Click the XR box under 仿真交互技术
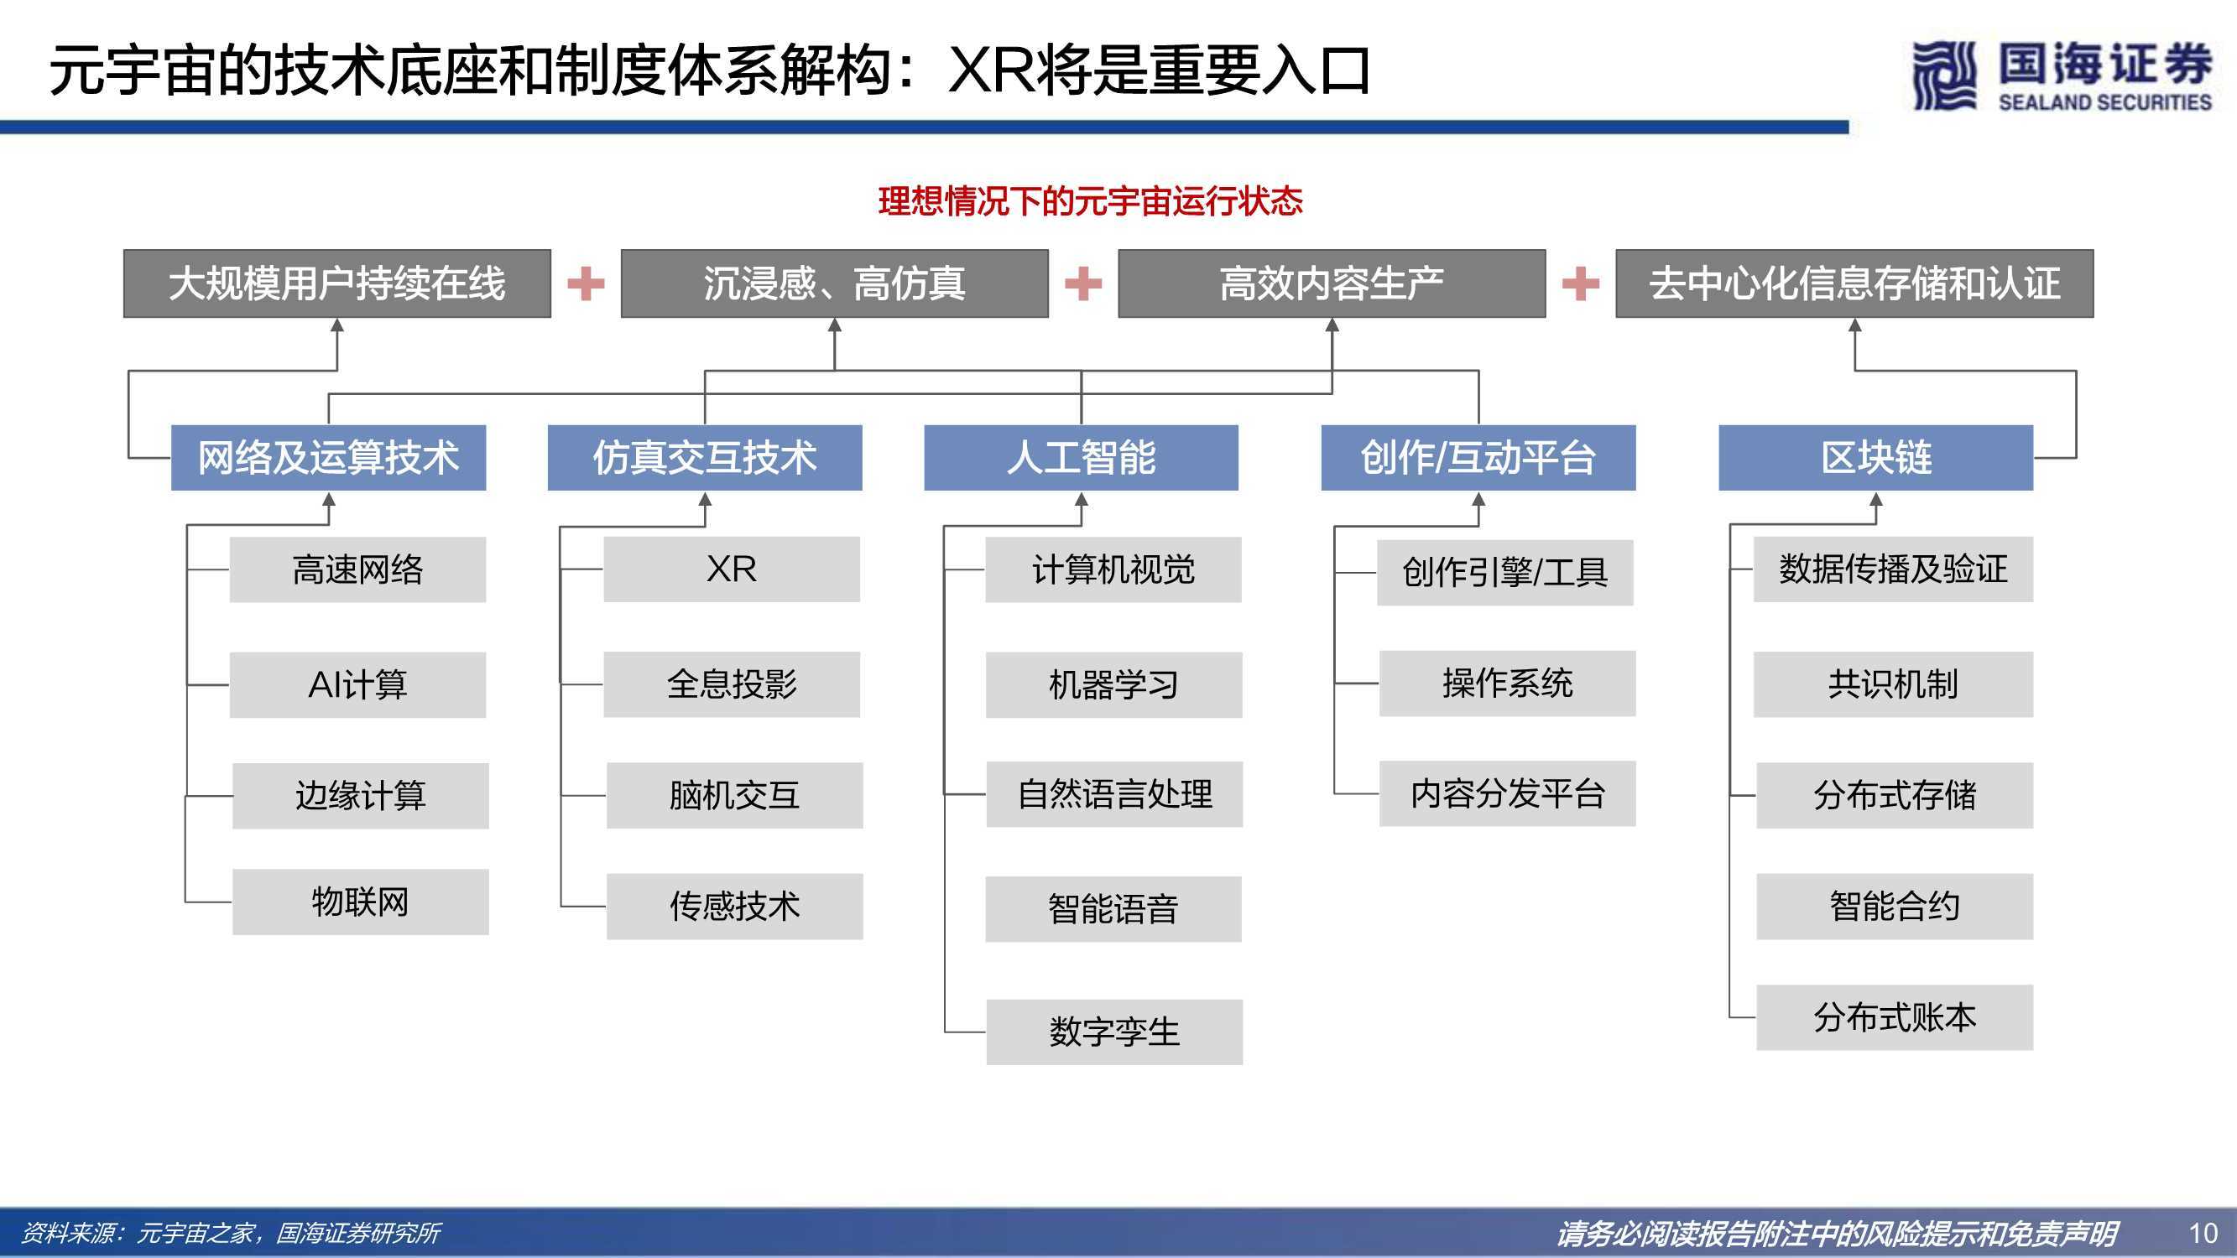click(731, 569)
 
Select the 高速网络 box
click(357, 569)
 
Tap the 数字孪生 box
click(1114, 1032)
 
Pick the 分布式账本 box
click(1895, 1017)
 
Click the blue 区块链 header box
click(1875, 458)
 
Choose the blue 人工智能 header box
click(1081, 458)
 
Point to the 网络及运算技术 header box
click(328, 458)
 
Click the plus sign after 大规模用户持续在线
click(587, 284)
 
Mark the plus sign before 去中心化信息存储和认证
click(1581, 284)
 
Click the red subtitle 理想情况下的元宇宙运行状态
click(1090, 201)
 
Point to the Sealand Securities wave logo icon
click(1944, 76)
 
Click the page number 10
click(2203, 1233)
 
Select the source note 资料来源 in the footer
click(230, 1233)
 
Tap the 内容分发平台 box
click(1508, 793)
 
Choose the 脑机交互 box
click(735, 795)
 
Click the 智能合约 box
click(1895, 907)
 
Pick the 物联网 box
click(360, 902)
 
